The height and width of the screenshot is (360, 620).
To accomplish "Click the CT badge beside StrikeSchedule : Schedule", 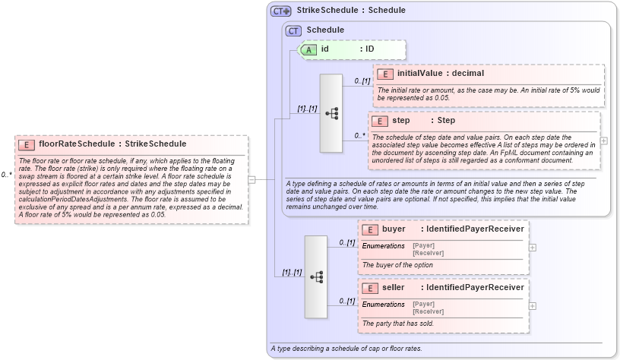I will point(281,11).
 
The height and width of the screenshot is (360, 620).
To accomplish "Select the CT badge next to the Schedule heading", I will point(293,30).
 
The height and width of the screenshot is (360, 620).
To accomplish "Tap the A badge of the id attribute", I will point(309,49).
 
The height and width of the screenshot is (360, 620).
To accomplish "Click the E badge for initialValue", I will point(385,74).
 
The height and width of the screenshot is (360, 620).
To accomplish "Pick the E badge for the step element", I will point(380,121).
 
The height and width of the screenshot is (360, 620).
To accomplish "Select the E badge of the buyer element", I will point(370,229).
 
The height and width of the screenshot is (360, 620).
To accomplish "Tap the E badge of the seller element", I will point(370,288).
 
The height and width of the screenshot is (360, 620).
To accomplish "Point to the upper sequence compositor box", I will point(332,113).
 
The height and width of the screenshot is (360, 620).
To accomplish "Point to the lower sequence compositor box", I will point(316,276).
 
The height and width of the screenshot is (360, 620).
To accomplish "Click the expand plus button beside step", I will point(603,141).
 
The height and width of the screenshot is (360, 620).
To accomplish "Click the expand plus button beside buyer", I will point(532,247).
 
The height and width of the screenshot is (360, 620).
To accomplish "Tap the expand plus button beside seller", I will point(532,306).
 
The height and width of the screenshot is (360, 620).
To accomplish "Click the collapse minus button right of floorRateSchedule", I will point(251,179).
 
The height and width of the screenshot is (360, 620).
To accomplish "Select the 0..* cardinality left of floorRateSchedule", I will point(7,175).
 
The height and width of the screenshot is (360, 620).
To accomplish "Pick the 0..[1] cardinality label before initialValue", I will point(362,81).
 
